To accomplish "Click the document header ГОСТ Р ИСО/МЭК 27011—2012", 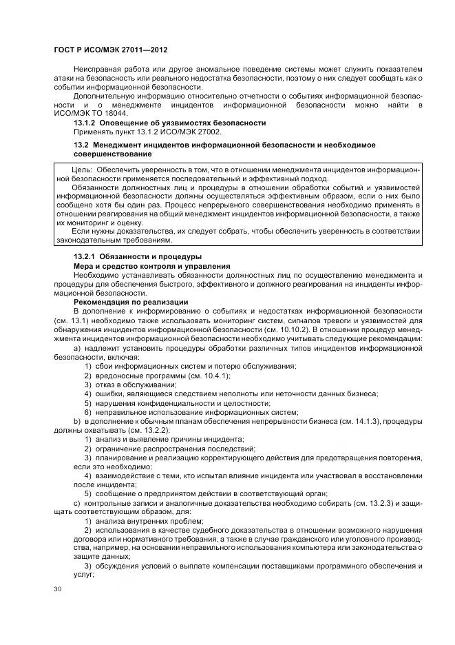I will click(111, 50).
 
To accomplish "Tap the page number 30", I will click(57, 589).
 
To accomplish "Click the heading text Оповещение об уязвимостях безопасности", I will click(184, 123).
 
